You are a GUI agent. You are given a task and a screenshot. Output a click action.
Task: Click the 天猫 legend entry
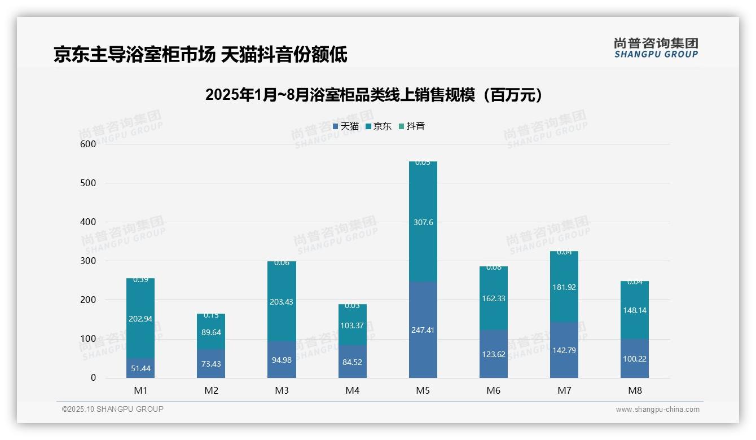click(x=346, y=126)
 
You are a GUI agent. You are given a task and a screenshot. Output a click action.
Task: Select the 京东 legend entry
click(x=379, y=126)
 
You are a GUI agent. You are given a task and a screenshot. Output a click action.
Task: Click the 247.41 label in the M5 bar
click(x=423, y=330)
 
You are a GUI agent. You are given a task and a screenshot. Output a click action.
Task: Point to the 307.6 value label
click(x=423, y=222)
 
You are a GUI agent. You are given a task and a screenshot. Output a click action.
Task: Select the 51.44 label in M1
click(x=140, y=368)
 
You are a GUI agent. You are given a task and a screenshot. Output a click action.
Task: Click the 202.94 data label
click(x=140, y=319)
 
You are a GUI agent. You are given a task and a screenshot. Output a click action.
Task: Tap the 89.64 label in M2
click(x=211, y=332)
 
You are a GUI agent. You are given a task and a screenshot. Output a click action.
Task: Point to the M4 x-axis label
click(x=352, y=390)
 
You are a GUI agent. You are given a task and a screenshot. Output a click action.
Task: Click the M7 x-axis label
click(x=564, y=390)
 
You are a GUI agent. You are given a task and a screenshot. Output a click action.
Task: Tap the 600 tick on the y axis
click(x=88, y=144)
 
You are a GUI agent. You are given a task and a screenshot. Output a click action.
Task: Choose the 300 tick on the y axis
click(x=88, y=261)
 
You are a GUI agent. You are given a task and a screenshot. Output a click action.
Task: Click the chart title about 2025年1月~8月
click(x=374, y=95)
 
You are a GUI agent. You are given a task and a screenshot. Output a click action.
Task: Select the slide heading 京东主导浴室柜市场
click(x=200, y=55)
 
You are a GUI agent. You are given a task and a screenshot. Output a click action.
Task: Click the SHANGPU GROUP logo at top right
click(x=656, y=47)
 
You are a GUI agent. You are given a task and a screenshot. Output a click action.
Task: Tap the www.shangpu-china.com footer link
click(x=657, y=410)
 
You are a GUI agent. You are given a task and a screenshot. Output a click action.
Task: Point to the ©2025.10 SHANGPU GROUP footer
click(x=113, y=409)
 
